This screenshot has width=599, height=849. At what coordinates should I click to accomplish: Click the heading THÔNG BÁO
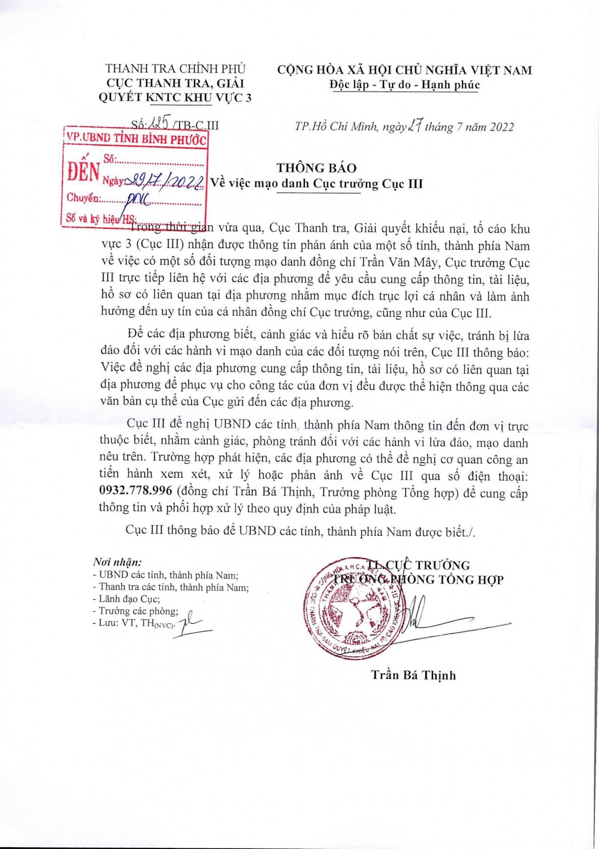316,168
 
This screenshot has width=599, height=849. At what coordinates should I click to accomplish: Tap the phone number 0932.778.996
135,492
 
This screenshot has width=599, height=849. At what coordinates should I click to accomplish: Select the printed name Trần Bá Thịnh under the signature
413,675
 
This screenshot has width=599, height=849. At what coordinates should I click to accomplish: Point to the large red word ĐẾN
83,172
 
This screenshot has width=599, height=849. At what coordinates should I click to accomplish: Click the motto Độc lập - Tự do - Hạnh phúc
404,85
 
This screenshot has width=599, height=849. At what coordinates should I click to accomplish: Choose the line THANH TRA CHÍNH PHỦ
176,69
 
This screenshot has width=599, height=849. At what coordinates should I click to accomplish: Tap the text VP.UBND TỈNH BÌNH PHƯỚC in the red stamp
136,138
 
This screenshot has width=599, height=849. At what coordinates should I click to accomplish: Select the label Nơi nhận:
117,562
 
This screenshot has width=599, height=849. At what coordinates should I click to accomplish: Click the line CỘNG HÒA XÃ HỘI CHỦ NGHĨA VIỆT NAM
404,70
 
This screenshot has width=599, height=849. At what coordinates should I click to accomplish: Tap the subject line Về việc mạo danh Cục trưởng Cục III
316,184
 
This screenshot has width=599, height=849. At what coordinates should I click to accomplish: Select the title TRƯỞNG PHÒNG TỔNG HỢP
419,580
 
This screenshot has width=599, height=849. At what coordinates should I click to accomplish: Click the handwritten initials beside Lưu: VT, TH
192,624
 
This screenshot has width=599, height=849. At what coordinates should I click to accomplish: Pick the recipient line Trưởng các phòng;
138,611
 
